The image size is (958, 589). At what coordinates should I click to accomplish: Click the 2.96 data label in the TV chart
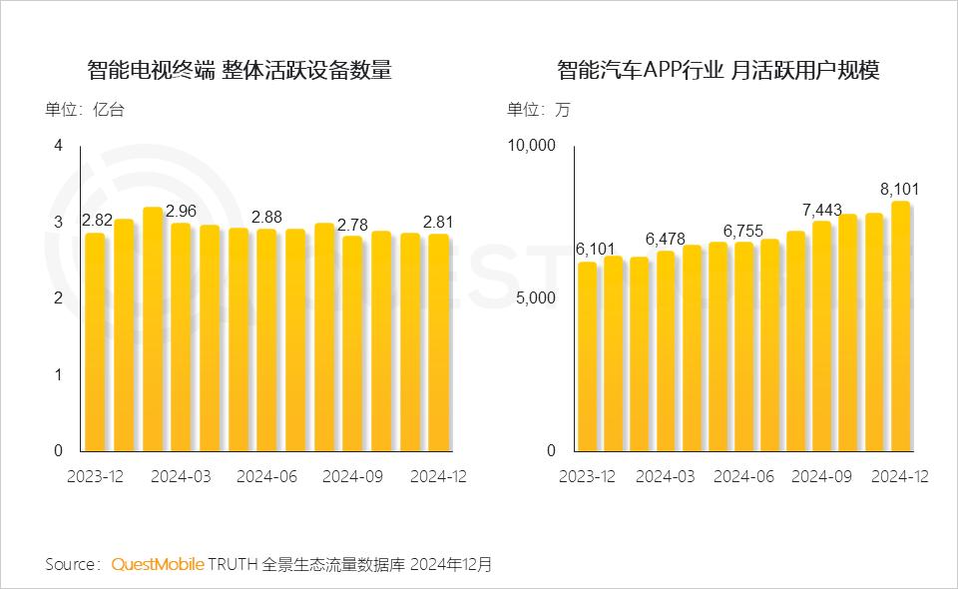pyautogui.click(x=182, y=212)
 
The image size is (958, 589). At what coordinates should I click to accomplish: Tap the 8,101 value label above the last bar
pyautogui.click(x=899, y=189)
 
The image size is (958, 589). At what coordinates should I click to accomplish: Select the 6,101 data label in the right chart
pyautogui.click(x=595, y=250)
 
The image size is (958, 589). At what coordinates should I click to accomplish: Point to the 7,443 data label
pyautogui.click(x=822, y=210)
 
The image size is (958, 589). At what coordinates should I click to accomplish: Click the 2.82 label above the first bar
pyautogui.click(x=97, y=221)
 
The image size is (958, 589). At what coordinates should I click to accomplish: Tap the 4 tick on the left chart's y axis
pyautogui.click(x=58, y=146)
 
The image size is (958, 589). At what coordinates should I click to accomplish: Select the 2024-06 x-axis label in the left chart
pyautogui.click(x=266, y=477)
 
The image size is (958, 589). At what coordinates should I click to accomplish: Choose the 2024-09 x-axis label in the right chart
pyautogui.click(x=821, y=477)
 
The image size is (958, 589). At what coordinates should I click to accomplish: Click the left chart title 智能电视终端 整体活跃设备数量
pyautogui.click(x=239, y=71)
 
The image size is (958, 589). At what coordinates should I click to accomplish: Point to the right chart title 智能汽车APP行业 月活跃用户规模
pyautogui.click(x=718, y=71)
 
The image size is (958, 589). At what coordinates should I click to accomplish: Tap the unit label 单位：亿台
pyautogui.click(x=85, y=110)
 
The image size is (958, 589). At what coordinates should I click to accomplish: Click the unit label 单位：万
pyautogui.click(x=538, y=110)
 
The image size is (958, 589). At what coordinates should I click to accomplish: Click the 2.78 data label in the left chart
pyautogui.click(x=352, y=225)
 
